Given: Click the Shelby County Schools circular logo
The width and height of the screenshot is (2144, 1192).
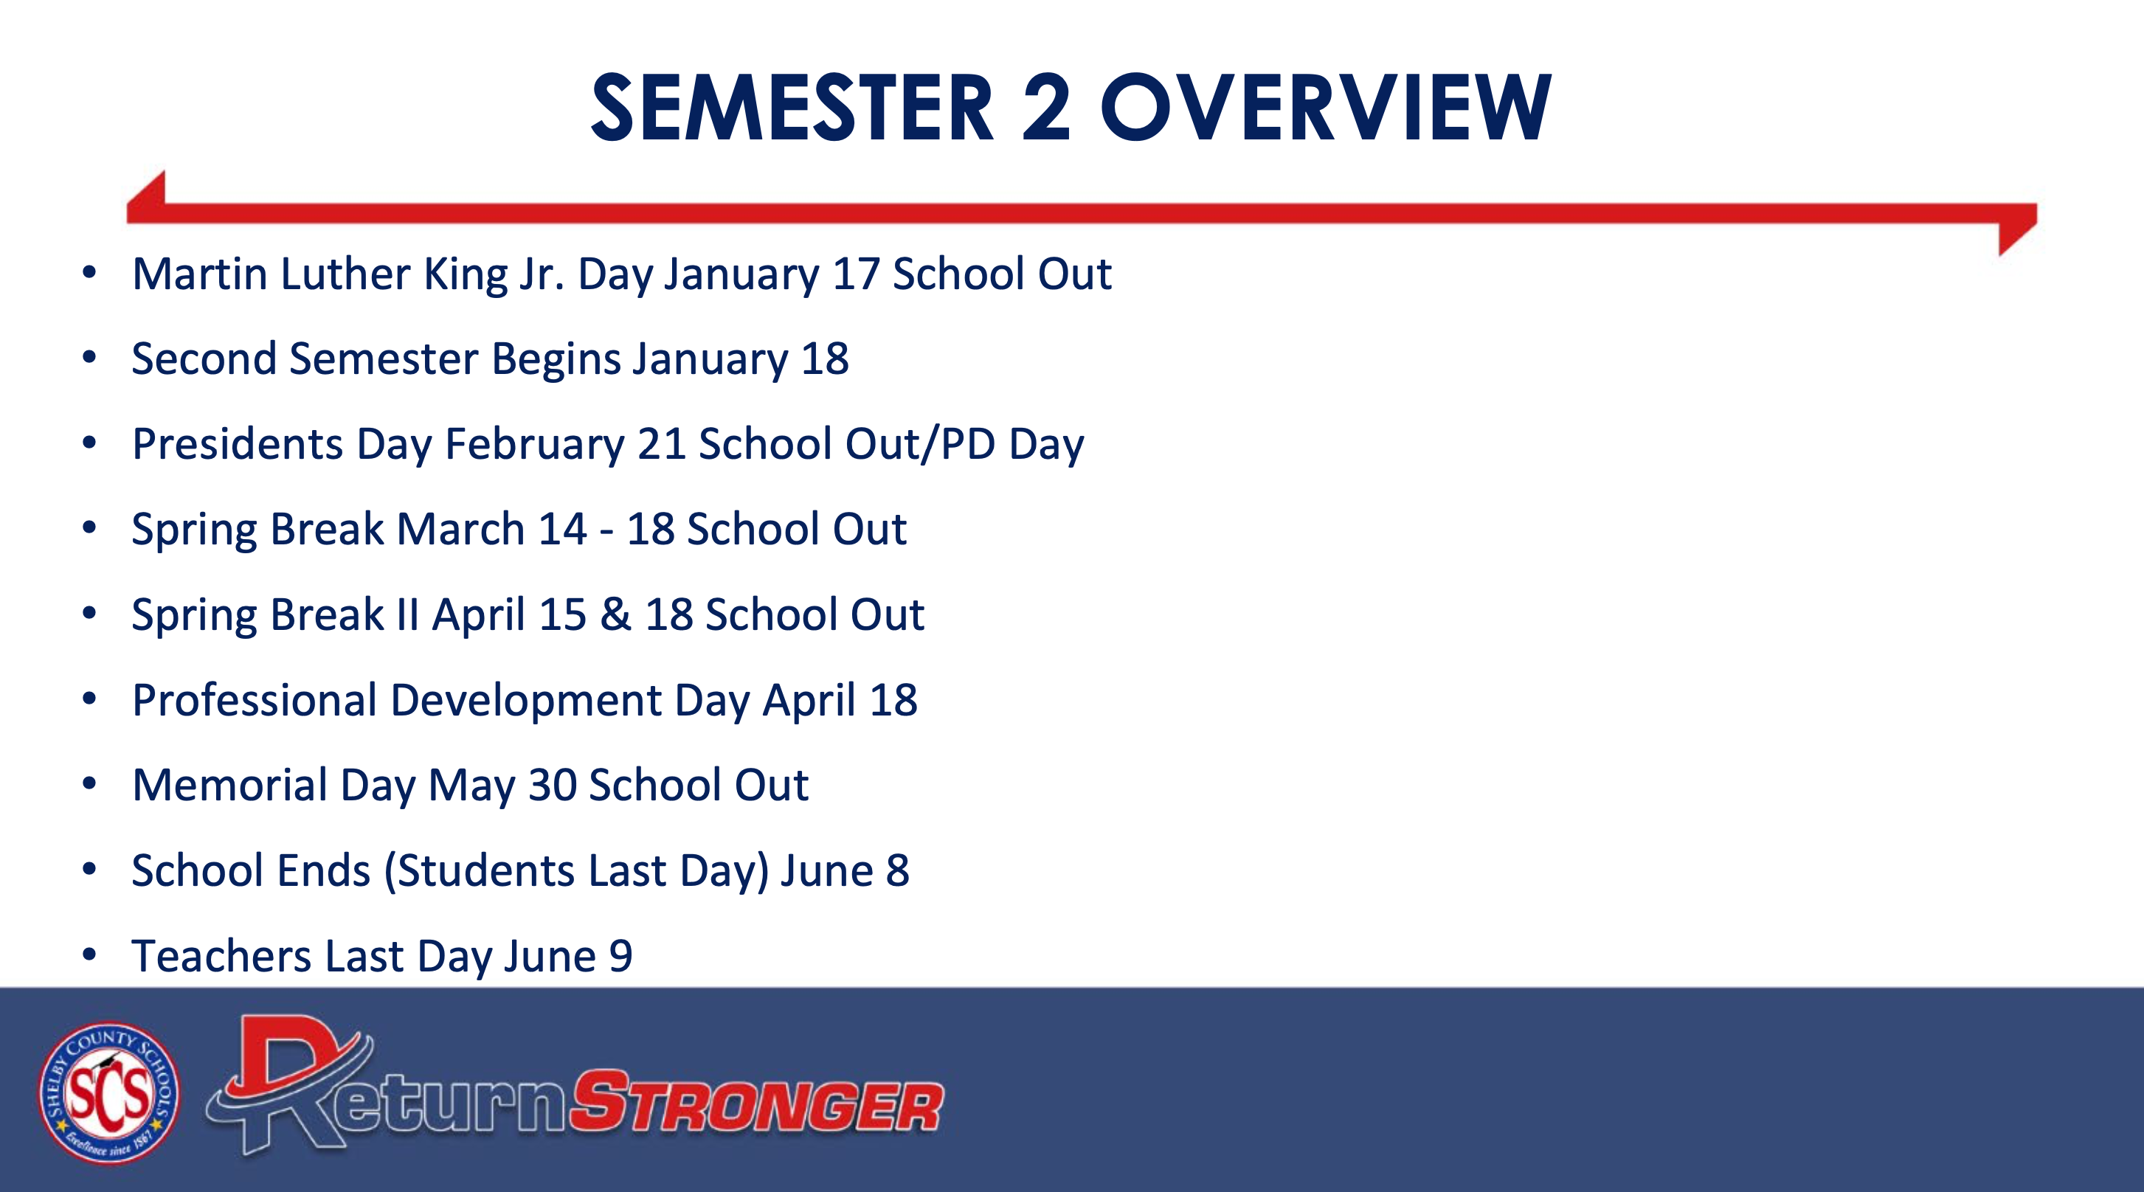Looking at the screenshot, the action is coord(109,1093).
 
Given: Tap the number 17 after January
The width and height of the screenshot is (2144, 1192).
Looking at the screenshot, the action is coord(856,274).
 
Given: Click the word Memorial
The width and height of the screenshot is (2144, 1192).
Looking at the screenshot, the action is coord(229,785).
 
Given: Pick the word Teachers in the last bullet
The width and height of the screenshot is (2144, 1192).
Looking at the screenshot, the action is coord(221,956).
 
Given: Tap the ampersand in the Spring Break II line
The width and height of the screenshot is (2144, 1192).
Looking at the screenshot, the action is coord(616,614).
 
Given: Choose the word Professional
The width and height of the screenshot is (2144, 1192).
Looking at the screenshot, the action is coord(255,700).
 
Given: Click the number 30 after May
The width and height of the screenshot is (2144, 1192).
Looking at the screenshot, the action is coord(553,785).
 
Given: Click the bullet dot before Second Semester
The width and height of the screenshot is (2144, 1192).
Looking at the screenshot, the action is coord(90,357).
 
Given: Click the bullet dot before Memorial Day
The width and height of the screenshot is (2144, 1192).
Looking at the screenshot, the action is coord(90,783).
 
